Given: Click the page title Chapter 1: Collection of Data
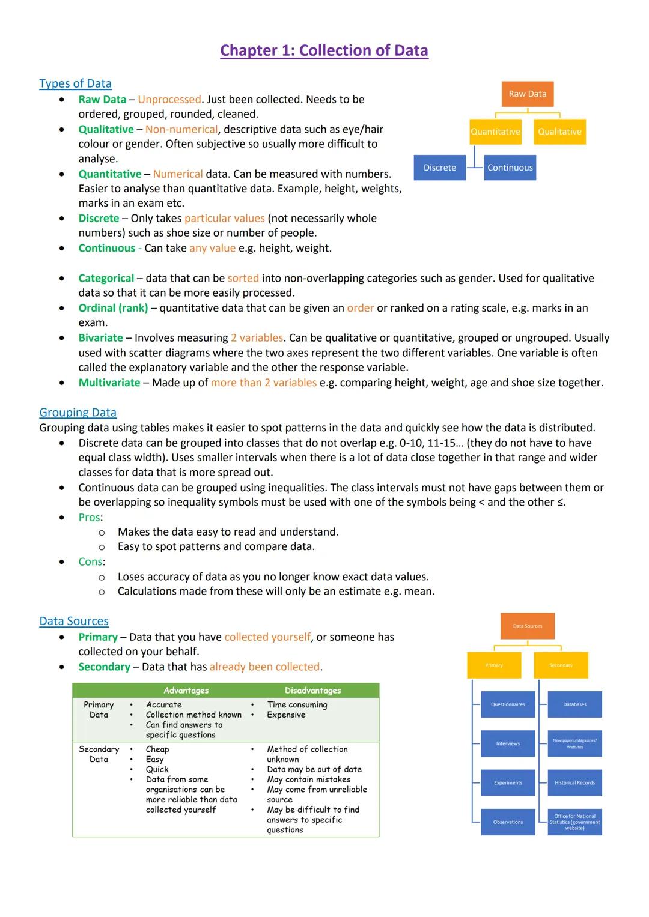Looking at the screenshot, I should click(x=324, y=50).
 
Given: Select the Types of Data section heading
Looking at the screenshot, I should click(x=75, y=83).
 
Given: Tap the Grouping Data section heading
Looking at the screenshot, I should click(x=78, y=413).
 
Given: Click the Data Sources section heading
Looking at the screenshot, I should click(x=74, y=621).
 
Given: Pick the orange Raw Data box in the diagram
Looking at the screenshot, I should click(x=528, y=94).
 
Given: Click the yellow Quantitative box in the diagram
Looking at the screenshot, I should click(x=495, y=132).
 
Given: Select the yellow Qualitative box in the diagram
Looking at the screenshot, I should click(x=559, y=132).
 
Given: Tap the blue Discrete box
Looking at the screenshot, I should click(x=439, y=168).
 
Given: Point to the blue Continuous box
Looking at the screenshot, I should click(x=510, y=168).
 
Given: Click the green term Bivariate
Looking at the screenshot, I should click(x=100, y=338).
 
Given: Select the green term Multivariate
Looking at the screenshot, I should click(x=109, y=383).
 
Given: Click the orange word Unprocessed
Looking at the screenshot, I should click(x=169, y=100).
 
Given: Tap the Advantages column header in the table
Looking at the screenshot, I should click(x=186, y=691).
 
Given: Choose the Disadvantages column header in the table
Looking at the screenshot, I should click(x=312, y=691).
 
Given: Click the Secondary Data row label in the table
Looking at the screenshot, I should click(x=99, y=754).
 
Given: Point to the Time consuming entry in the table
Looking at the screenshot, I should click(x=297, y=705).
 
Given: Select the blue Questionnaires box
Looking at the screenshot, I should click(x=508, y=704).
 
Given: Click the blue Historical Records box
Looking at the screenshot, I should click(x=574, y=783).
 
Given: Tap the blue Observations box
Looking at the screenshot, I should click(x=508, y=822).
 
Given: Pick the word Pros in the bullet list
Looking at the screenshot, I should click(x=89, y=518).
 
